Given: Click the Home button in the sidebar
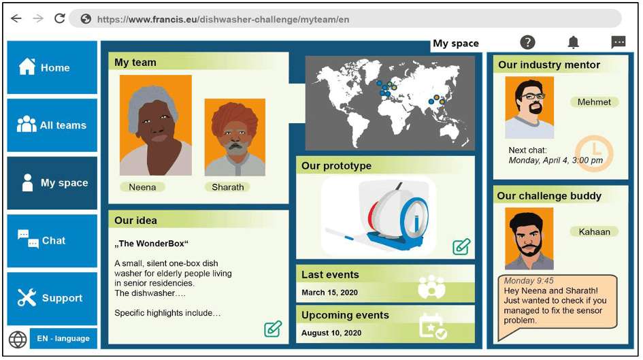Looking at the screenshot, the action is pos(52,67).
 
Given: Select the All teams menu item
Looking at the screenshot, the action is pos(52,125).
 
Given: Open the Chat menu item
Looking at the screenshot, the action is pos(52,241).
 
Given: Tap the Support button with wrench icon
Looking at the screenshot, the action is pos(52,298).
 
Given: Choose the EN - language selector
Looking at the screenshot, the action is pos(63,338).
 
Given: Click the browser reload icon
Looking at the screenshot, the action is pos(60,18).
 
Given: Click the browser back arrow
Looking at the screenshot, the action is pos(16,18).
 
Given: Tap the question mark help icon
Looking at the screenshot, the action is pos(528,42).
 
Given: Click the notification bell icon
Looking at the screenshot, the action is pos(574,42).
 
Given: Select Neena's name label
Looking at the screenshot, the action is pos(142,187).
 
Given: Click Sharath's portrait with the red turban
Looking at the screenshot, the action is pos(235,137).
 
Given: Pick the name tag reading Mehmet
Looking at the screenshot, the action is pos(594,102).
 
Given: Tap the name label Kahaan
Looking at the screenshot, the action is pos(594,231).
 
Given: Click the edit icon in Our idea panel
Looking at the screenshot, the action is pos(273,329).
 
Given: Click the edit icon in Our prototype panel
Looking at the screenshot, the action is pos(461,247).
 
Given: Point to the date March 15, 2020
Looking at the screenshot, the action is pos(330,293).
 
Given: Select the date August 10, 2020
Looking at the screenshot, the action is pos(331,333).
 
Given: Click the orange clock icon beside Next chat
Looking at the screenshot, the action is pos(594,153).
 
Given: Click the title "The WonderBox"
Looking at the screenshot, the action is pos(151,244).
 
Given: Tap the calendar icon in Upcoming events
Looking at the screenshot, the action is pos(433,326).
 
